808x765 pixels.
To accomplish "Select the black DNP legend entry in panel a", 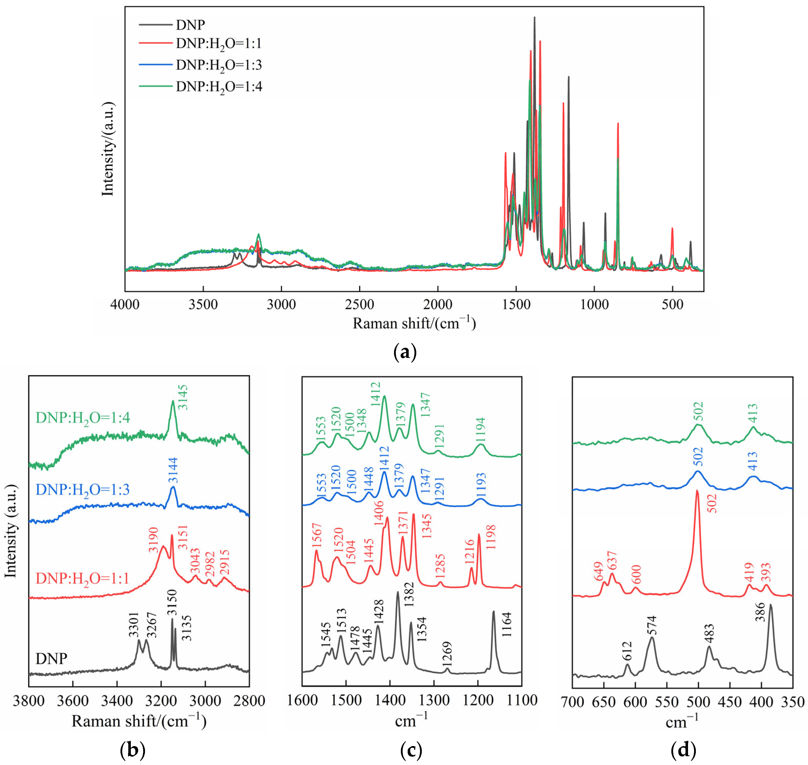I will coord(190,25).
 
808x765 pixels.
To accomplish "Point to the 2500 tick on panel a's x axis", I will coord(359,305).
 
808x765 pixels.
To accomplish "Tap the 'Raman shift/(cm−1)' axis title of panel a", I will coord(414,323).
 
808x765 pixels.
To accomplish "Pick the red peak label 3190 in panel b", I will coord(153,540).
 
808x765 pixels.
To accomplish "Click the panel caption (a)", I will coord(405,352).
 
